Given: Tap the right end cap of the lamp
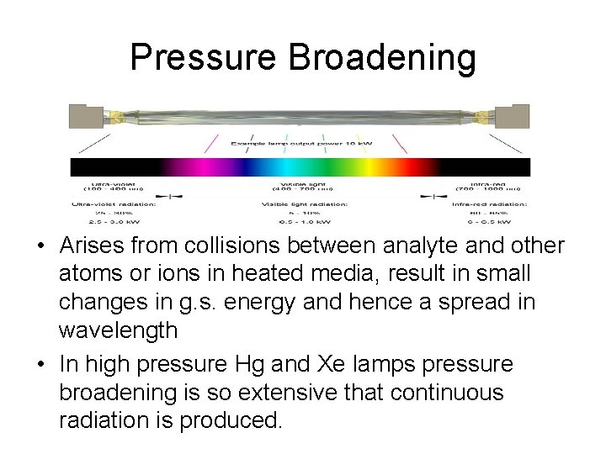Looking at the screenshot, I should (515, 115).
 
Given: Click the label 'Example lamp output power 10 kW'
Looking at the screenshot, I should (301, 144).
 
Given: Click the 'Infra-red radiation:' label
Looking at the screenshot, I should (489, 203).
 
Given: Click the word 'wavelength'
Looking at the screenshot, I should (118, 330).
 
